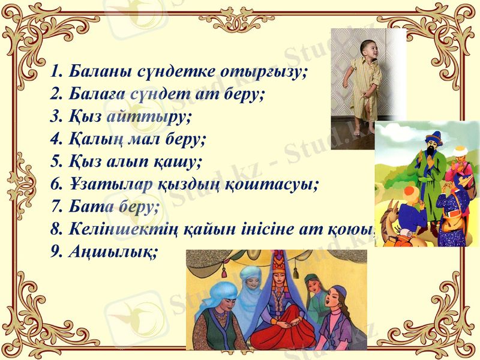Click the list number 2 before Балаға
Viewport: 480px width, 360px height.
tap(56, 94)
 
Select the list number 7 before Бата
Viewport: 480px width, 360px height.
tap(56, 206)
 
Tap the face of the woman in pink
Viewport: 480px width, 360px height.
tap(335, 300)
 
